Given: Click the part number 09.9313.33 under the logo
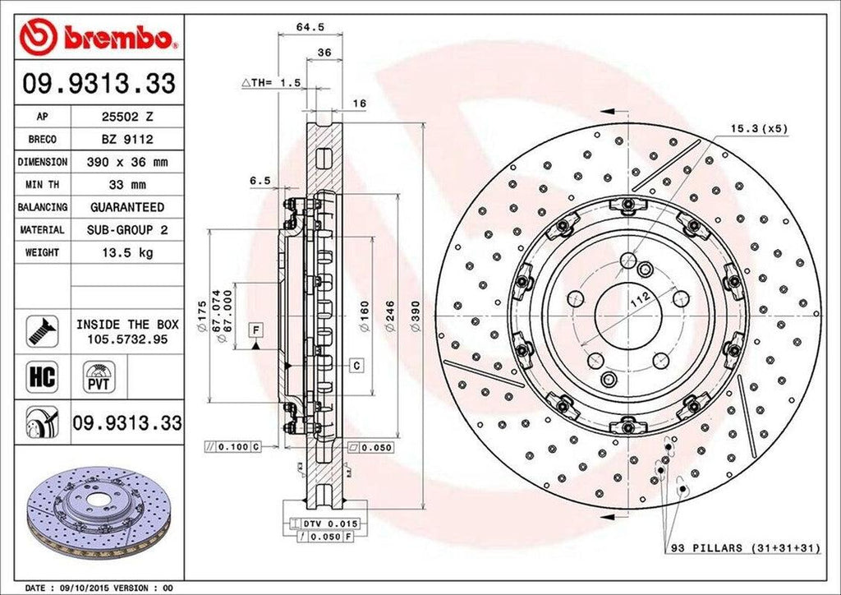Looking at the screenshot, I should point(99,85).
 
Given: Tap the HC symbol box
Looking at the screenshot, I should point(41,377).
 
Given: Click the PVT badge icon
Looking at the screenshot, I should point(95,380).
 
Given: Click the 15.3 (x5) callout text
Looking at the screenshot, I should point(759,129).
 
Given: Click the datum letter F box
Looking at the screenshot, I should point(258,330).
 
